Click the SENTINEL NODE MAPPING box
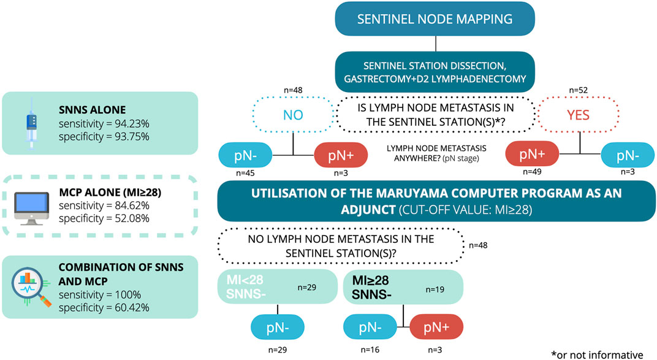[435, 19]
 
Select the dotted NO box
[293, 115]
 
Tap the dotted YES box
[578, 115]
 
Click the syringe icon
[31, 123]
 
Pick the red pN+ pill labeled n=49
[532, 154]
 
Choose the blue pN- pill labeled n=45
[246, 156]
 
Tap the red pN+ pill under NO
[341, 156]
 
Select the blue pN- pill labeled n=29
[278, 327]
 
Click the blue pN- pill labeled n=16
[370, 327]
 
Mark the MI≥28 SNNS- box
[403, 287]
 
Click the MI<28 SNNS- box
[278, 286]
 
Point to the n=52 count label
[578, 90]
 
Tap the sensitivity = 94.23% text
[104, 124]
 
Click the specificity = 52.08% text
[104, 218]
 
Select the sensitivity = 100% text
[100, 294]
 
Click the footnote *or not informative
[597, 354]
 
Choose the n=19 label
[435, 289]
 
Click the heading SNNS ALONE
[92, 110]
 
